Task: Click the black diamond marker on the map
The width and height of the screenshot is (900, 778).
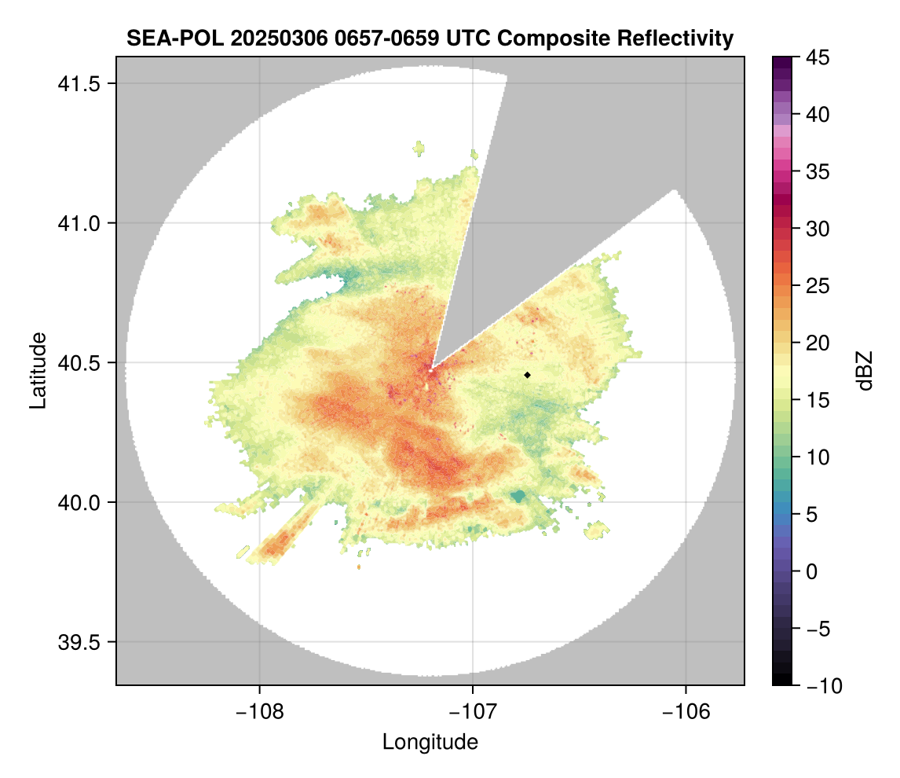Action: tap(528, 375)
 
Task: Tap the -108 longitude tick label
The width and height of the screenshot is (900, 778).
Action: tap(258, 712)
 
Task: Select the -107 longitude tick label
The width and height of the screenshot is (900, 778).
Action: tap(473, 712)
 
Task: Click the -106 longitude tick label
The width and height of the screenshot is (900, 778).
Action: tap(686, 712)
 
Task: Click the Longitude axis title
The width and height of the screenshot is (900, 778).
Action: tap(430, 742)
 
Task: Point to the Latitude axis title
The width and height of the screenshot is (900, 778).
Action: tap(37, 370)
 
